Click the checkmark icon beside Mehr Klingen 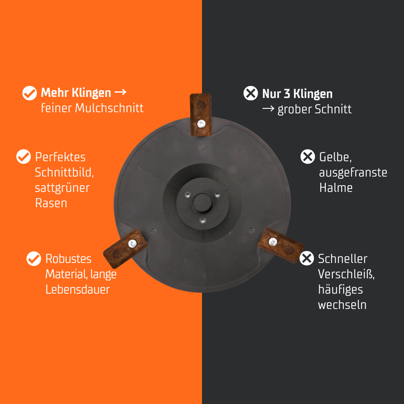[30, 93]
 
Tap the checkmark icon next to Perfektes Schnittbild [24, 156]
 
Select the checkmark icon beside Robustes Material [34, 258]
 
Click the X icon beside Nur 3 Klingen [251, 93]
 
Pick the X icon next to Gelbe [307, 156]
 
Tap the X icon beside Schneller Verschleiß [307, 258]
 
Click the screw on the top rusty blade [201, 124]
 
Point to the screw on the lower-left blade [132, 244]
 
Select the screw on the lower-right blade [273, 242]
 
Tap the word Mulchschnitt [109, 108]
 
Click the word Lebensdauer [77, 289]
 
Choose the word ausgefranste [353, 173]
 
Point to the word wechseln [342, 304]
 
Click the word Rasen [51, 203]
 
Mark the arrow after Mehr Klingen [120, 92]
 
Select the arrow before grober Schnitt [268, 108]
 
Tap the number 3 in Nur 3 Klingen [287, 94]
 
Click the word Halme [336, 187]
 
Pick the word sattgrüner [62, 188]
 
